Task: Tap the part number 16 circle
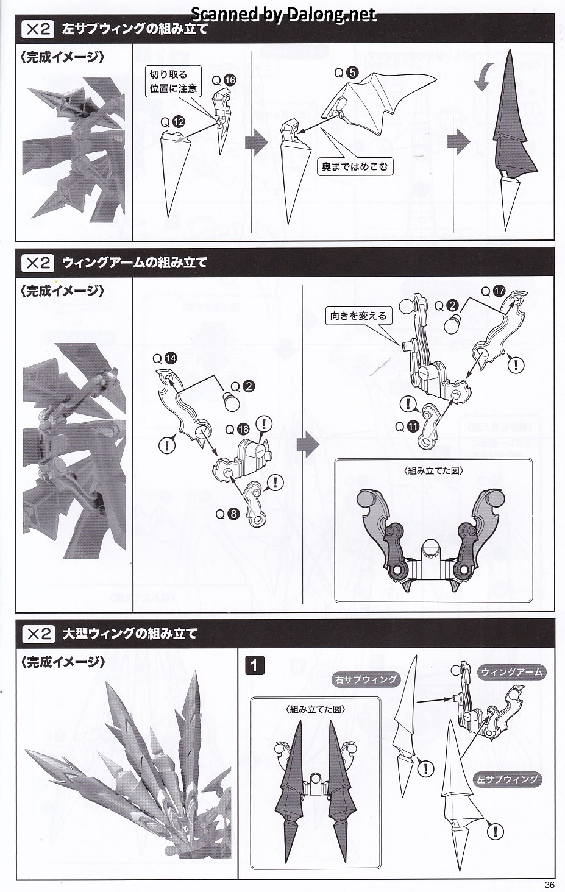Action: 230,80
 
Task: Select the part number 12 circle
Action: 179,122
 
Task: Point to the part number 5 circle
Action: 352,73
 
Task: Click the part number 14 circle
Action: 170,358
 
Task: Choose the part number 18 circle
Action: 243,429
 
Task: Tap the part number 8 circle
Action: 233,514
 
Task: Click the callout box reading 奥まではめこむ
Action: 354,166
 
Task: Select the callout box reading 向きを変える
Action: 358,316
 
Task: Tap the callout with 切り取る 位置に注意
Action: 174,81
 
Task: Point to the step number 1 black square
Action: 254,665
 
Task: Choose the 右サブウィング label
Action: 366,679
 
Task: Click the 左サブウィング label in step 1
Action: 508,779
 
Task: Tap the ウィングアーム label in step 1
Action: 512,673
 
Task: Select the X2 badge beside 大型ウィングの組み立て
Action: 38,634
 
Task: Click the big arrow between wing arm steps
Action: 309,445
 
